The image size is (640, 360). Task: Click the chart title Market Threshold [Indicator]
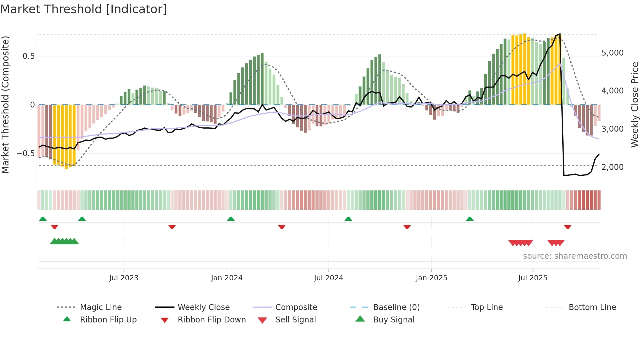tap(84, 9)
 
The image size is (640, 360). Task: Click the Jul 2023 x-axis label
tap(124, 278)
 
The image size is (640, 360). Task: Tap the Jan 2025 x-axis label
tap(431, 278)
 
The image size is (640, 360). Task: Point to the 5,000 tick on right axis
tap(612, 53)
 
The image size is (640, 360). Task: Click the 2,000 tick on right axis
tap(612, 167)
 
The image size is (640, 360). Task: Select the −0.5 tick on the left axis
tap(25, 153)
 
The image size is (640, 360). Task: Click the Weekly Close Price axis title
tap(634, 105)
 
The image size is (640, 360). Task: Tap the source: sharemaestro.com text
tap(575, 256)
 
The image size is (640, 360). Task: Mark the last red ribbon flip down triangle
tap(568, 227)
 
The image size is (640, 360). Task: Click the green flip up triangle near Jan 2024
tap(231, 219)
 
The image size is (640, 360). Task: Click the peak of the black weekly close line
tap(560, 34)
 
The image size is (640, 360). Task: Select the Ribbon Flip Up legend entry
tap(108, 319)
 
